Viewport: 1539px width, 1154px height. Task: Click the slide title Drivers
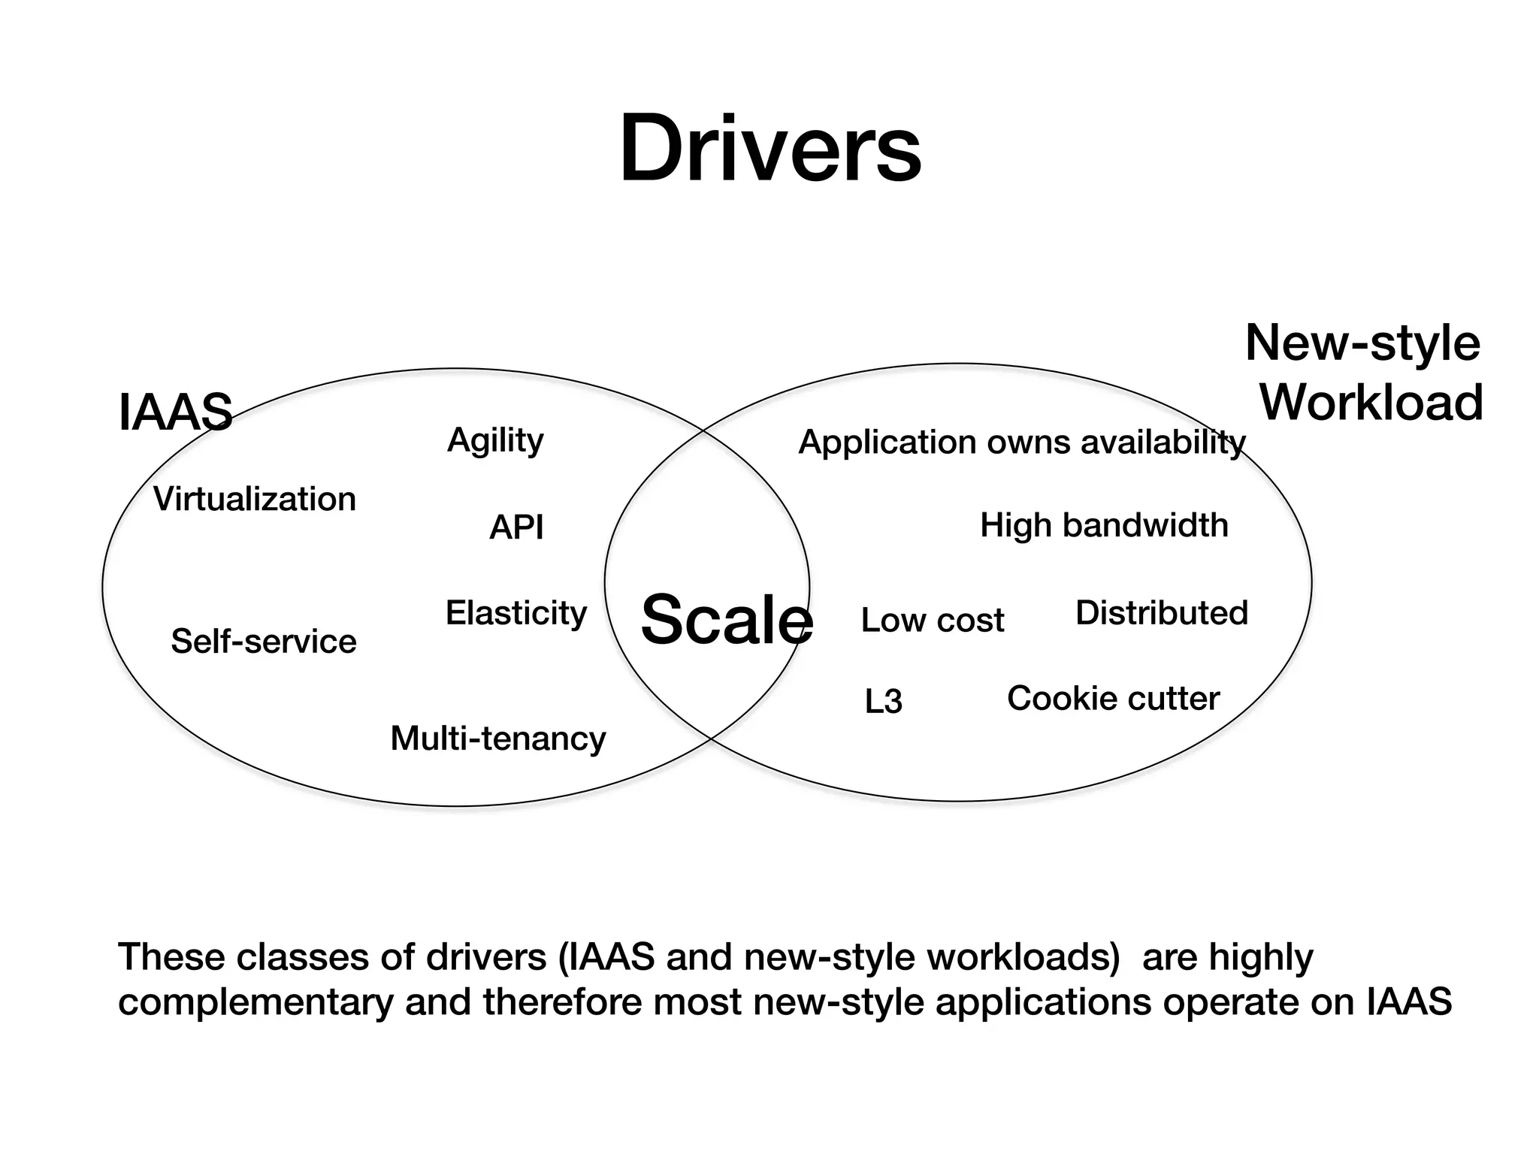click(769, 148)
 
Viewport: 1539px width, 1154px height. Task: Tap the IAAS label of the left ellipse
click(175, 412)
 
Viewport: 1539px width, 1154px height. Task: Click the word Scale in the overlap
click(726, 620)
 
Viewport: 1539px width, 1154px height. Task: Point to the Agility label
click(495, 440)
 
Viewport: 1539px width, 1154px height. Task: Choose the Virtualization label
click(255, 500)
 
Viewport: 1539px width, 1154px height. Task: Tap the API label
click(516, 527)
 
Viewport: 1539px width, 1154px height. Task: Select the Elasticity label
click(516, 614)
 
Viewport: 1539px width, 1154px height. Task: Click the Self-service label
click(264, 642)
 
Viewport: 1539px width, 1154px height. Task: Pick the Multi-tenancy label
click(498, 739)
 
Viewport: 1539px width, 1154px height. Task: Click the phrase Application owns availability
click(1022, 443)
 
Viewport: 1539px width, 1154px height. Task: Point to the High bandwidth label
click(1104, 525)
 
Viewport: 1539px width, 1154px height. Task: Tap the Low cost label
click(932, 621)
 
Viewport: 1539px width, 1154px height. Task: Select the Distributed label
click(1162, 613)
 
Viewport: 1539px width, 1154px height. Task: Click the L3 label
click(883, 702)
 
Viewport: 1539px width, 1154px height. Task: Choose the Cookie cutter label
click(1113, 699)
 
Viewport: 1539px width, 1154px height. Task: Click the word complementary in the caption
click(255, 1003)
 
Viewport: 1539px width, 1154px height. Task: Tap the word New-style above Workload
click(1362, 343)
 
